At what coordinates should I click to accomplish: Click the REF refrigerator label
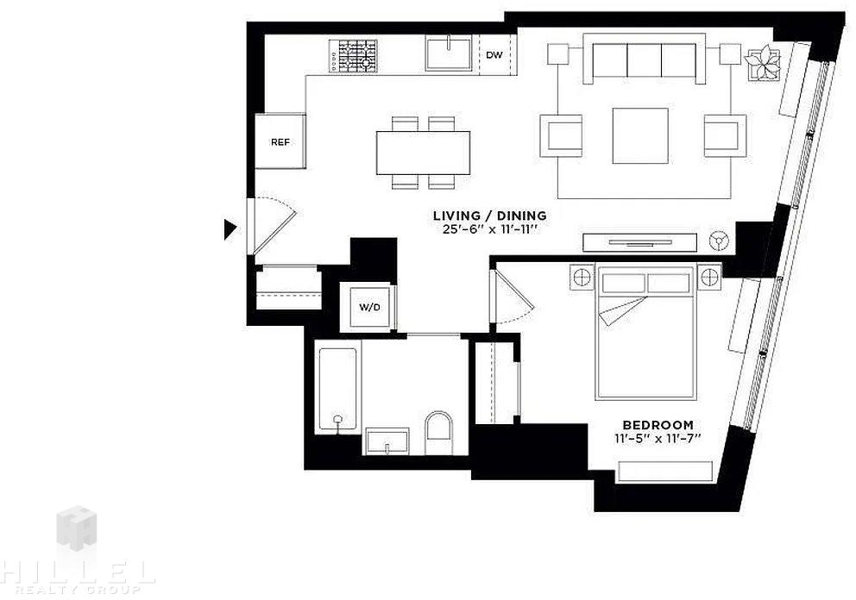pos(280,142)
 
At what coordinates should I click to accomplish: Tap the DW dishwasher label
pos(494,54)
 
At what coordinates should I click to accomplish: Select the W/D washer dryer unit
pos(369,307)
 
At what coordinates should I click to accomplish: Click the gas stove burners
pos(357,56)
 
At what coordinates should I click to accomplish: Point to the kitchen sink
pos(449,53)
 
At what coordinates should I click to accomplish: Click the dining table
pos(423,153)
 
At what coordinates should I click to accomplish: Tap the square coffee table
pos(640,136)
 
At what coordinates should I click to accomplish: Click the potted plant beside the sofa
pos(762,63)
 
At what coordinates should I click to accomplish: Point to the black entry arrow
pos(230,229)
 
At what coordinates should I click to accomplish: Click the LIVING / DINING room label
pos(489,216)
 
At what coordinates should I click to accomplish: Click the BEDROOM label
pos(658,424)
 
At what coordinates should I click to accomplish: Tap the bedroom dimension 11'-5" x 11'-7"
pos(658,438)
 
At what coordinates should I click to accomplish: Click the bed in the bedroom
pos(645,332)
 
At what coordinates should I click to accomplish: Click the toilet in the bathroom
pos(439,425)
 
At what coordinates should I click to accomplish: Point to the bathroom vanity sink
pos(387,441)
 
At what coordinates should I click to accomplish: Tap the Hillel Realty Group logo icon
pos(77,528)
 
